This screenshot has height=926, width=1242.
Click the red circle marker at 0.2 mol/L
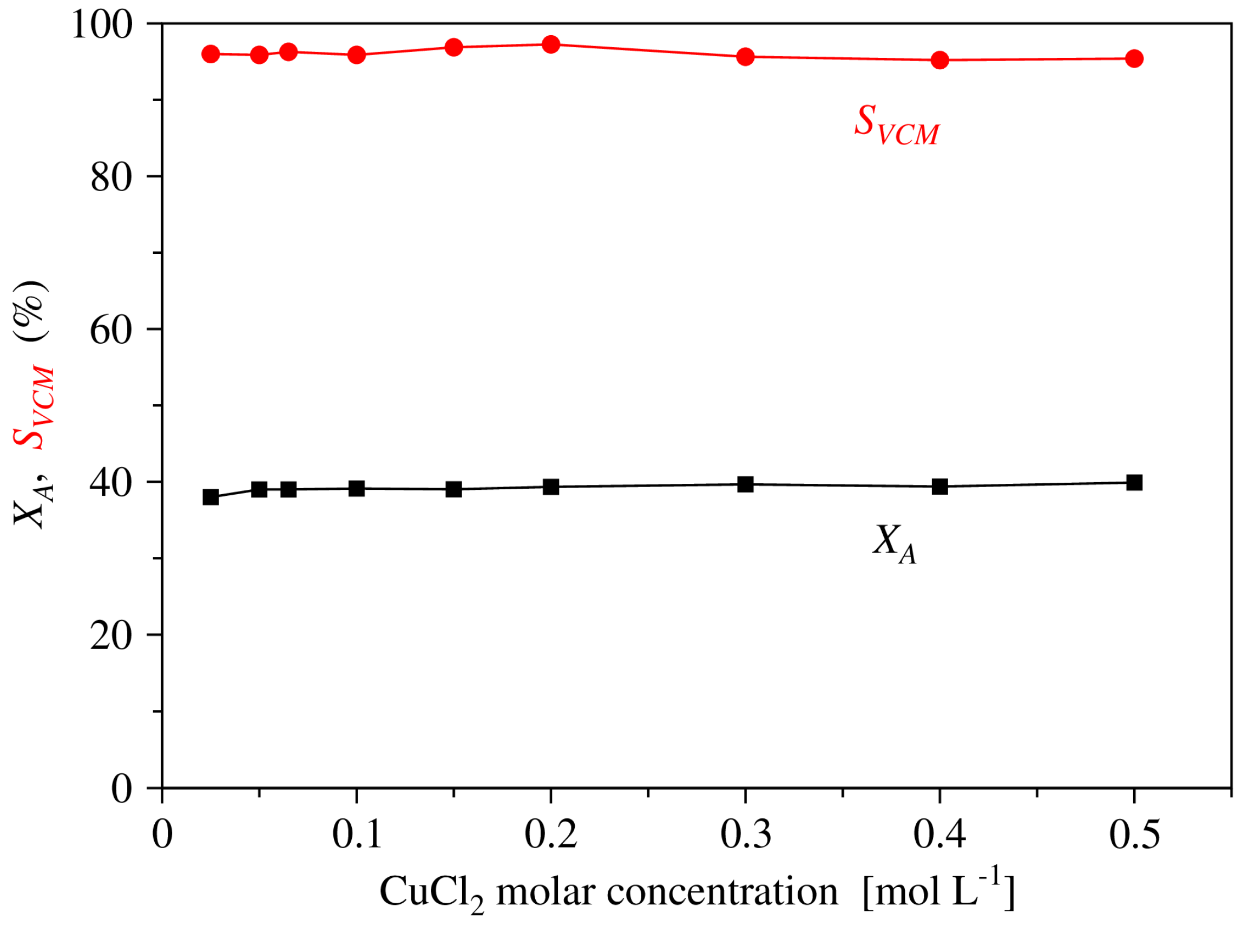click(551, 44)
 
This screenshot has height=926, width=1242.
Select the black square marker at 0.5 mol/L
click(1134, 483)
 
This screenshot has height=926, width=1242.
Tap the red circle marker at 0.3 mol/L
click(745, 57)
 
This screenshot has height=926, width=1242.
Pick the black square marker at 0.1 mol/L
click(357, 488)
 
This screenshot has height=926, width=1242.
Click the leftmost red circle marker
click(211, 54)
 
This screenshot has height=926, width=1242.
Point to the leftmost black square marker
click(211, 497)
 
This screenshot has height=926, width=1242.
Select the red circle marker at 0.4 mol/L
click(940, 60)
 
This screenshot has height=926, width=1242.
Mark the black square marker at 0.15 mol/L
click(454, 489)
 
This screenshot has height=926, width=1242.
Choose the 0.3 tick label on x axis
click(745, 835)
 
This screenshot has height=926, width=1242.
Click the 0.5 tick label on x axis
click(1134, 835)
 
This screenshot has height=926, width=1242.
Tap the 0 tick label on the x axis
click(162, 835)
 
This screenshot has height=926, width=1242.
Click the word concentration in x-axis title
click(722, 891)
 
